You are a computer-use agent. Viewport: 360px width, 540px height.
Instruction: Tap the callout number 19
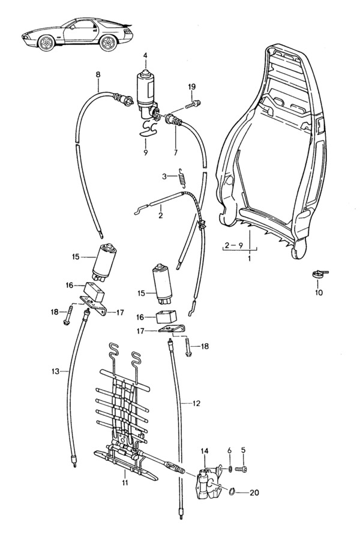pos(191,88)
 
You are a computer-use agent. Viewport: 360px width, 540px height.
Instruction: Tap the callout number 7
pos(176,153)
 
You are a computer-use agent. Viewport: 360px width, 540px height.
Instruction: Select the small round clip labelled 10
pos(319,275)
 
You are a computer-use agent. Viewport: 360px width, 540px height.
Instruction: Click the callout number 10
pos(319,293)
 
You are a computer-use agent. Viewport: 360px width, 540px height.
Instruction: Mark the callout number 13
pos(55,372)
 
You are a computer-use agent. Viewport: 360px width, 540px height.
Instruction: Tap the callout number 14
pos(205,451)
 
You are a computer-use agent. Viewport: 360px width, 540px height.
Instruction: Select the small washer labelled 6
pos(230,468)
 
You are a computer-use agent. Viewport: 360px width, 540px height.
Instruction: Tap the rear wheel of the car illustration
pos(108,44)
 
